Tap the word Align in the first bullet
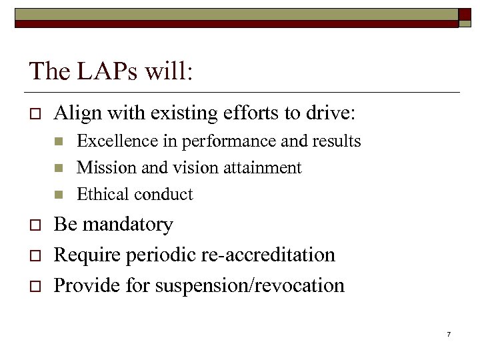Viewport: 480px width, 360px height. click(x=75, y=113)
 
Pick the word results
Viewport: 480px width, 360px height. click(x=337, y=141)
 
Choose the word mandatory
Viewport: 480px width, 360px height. click(x=126, y=225)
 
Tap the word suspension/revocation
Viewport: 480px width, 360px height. click(x=250, y=286)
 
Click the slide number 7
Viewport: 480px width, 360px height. click(x=449, y=333)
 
